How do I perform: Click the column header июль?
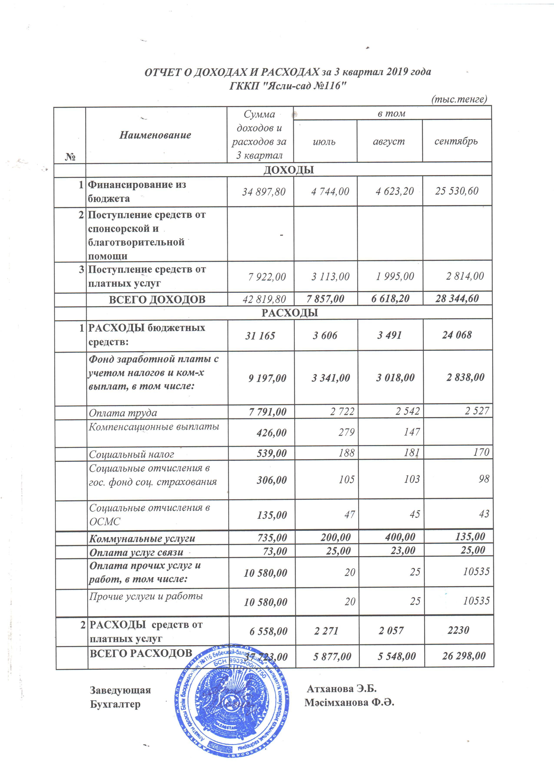pos(324,141)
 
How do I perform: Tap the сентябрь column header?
pos(456,141)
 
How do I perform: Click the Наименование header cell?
pos(155,135)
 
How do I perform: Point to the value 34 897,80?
pos(264,192)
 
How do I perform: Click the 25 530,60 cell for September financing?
pos(457,191)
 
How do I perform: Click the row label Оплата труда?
pos(123,412)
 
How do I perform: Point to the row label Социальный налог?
pos(131,454)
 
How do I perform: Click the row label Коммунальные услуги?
pos(142,538)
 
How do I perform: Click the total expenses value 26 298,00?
pos(464,656)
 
